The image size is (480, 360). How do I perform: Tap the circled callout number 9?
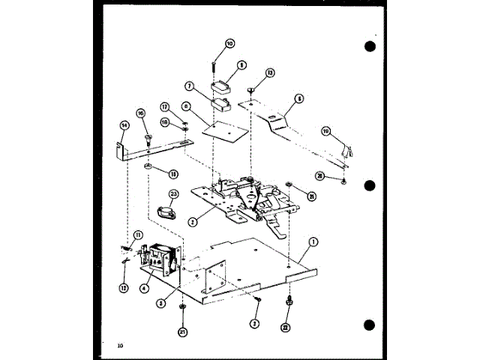[x=241, y=66]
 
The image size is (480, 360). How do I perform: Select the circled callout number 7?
[x=190, y=87]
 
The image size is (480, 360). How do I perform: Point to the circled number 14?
[x=124, y=125]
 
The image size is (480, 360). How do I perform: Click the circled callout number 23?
[x=174, y=193]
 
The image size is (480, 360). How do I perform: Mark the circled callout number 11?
[x=137, y=235]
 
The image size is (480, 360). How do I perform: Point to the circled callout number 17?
[x=165, y=106]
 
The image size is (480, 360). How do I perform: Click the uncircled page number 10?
[x=120, y=346]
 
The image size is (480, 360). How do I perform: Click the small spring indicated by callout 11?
[x=125, y=249]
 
